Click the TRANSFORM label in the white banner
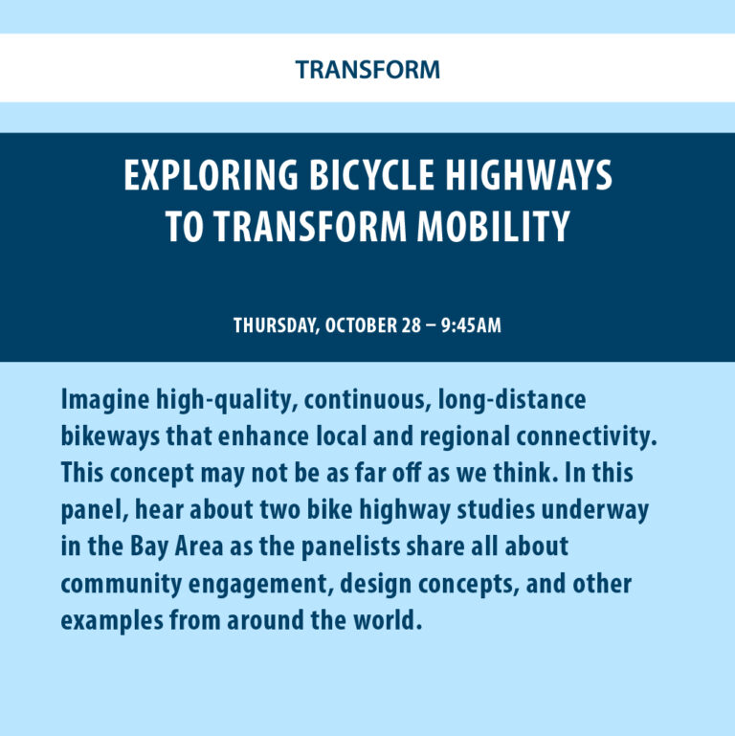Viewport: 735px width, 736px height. [367, 70]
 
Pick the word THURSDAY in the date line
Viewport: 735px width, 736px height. [276, 325]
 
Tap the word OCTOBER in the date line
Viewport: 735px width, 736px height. [361, 325]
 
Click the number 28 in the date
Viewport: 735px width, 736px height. [412, 325]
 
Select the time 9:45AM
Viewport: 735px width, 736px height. [470, 325]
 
